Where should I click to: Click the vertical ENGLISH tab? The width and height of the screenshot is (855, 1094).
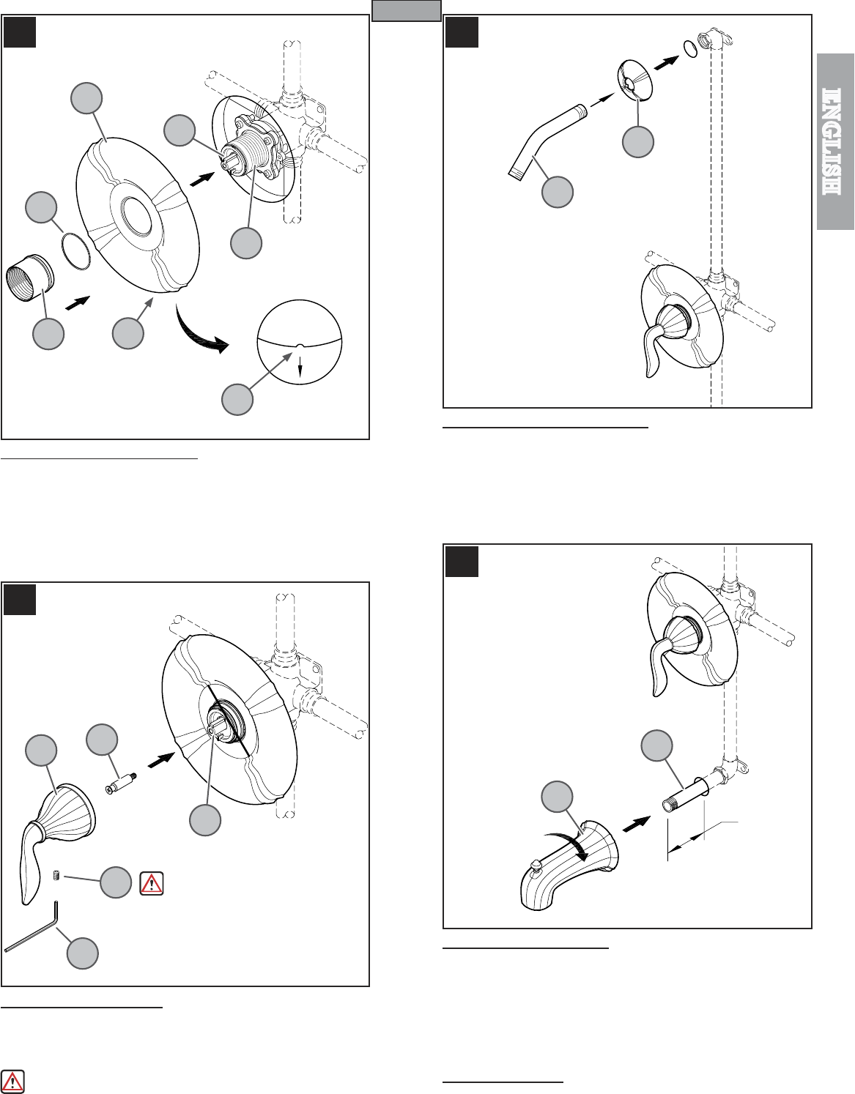[835, 141]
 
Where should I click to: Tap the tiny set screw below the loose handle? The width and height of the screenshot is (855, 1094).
[56, 877]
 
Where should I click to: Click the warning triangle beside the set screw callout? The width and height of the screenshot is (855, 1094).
[152, 884]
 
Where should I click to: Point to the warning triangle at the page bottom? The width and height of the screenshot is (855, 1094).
[12, 1080]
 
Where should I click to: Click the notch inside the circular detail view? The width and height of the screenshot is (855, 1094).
[300, 346]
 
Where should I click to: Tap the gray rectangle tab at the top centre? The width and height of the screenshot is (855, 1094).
[407, 10]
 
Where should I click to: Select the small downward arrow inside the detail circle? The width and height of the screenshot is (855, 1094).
[300, 364]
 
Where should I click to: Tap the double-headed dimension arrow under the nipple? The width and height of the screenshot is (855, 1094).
[686, 843]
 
